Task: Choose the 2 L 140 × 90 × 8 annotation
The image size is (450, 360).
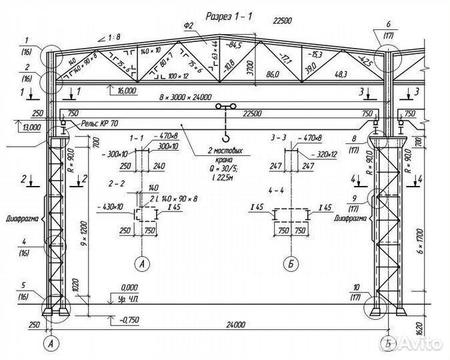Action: pos(174,199)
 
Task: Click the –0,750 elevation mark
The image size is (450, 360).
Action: pos(125,321)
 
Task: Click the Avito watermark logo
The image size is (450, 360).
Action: pos(421,345)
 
